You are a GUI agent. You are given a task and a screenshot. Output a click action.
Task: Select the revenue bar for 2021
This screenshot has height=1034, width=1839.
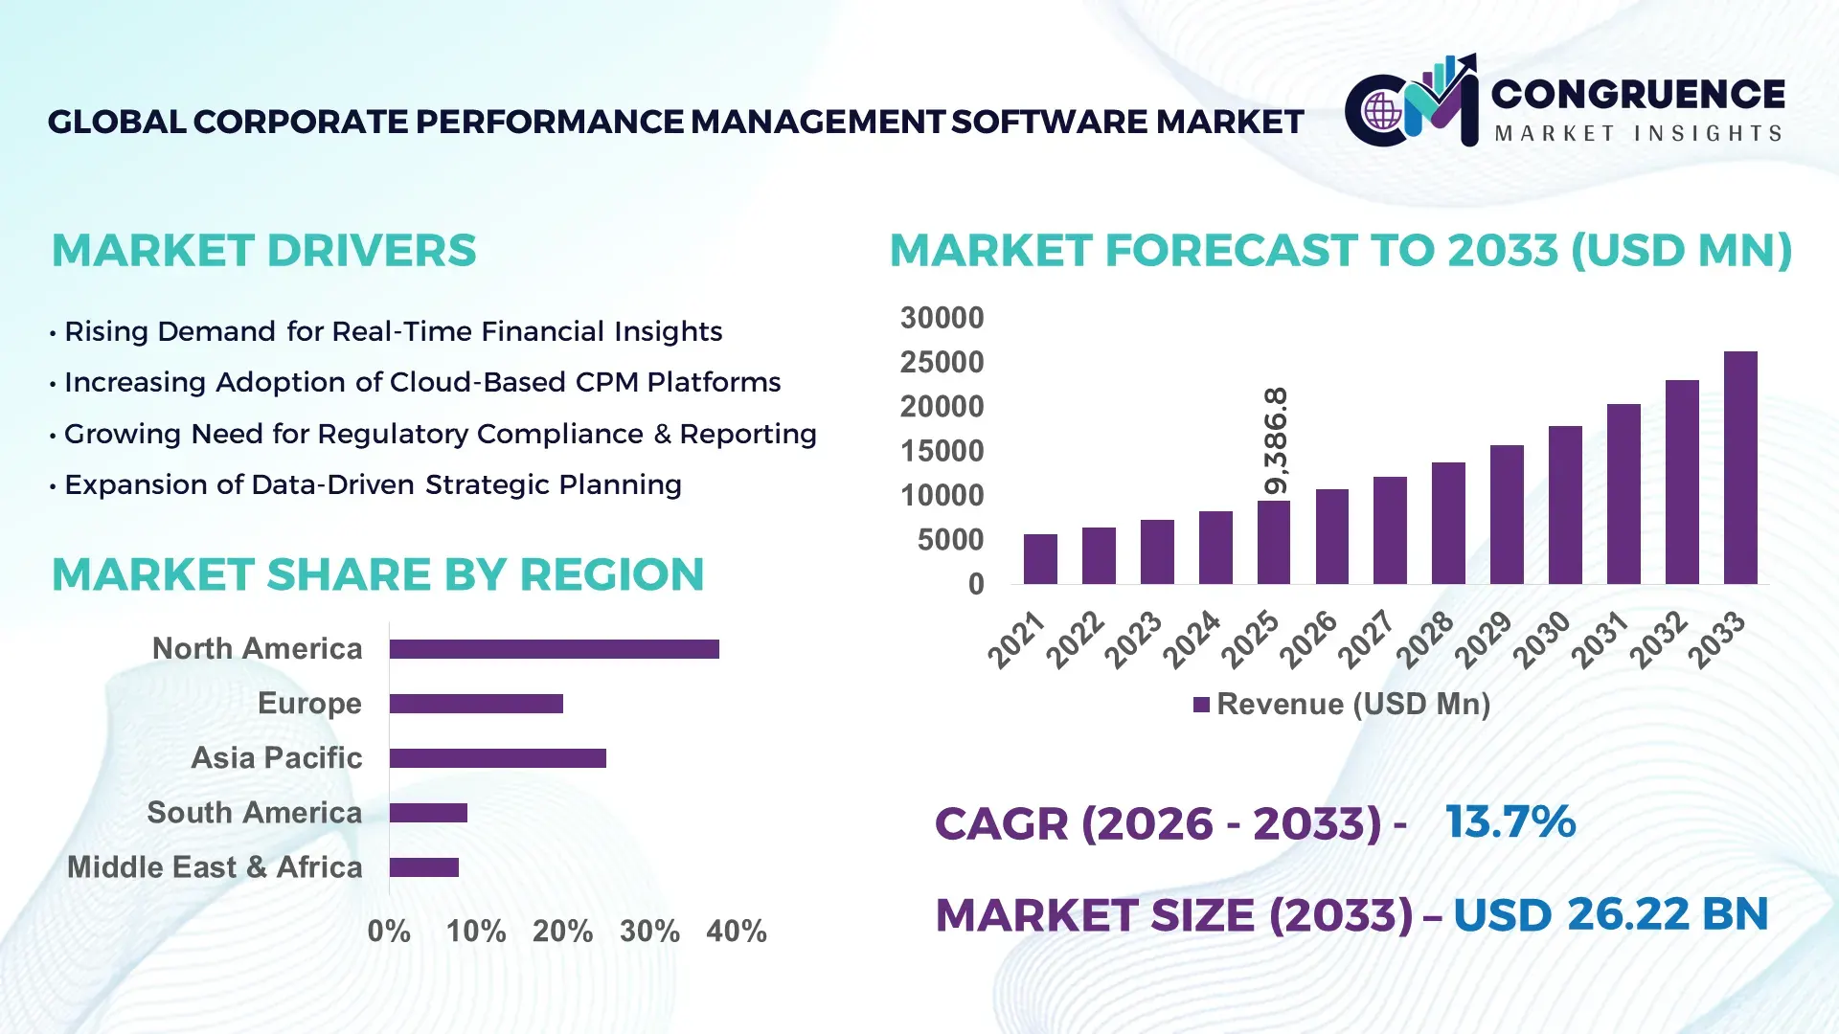click(1040, 559)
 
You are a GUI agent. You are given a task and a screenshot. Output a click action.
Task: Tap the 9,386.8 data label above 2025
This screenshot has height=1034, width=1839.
click(1276, 441)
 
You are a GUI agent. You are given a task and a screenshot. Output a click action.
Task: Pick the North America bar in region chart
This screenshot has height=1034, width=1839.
click(554, 649)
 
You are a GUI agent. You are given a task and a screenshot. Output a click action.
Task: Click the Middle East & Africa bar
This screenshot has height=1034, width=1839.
click(423, 867)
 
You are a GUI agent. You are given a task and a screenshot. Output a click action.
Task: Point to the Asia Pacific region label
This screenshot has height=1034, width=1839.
click(276, 757)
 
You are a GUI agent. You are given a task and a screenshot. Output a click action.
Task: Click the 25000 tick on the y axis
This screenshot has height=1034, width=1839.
click(942, 362)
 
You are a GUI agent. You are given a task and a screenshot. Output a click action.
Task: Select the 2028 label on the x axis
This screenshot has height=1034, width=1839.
click(1425, 639)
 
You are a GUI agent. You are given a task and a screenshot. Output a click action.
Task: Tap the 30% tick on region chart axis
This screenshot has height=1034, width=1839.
click(649, 931)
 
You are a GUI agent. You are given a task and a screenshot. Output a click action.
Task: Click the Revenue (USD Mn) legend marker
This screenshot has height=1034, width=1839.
click(1201, 705)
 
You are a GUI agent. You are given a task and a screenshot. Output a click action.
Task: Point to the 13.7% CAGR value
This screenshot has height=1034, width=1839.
click(1510, 821)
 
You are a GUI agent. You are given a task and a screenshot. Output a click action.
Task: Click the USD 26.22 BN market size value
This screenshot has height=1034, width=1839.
click(1610, 914)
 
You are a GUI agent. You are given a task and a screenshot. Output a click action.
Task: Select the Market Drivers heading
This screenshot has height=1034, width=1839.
click(263, 251)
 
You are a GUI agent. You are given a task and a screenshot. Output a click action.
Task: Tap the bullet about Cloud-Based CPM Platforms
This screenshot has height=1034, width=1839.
click(421, 382)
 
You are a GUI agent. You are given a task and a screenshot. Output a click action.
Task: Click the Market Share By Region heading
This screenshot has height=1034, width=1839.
click(377, 574)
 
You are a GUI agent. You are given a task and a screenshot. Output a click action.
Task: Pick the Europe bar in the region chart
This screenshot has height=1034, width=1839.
click(476, 704)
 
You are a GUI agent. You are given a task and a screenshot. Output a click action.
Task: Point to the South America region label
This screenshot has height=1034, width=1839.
click(254, 812)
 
